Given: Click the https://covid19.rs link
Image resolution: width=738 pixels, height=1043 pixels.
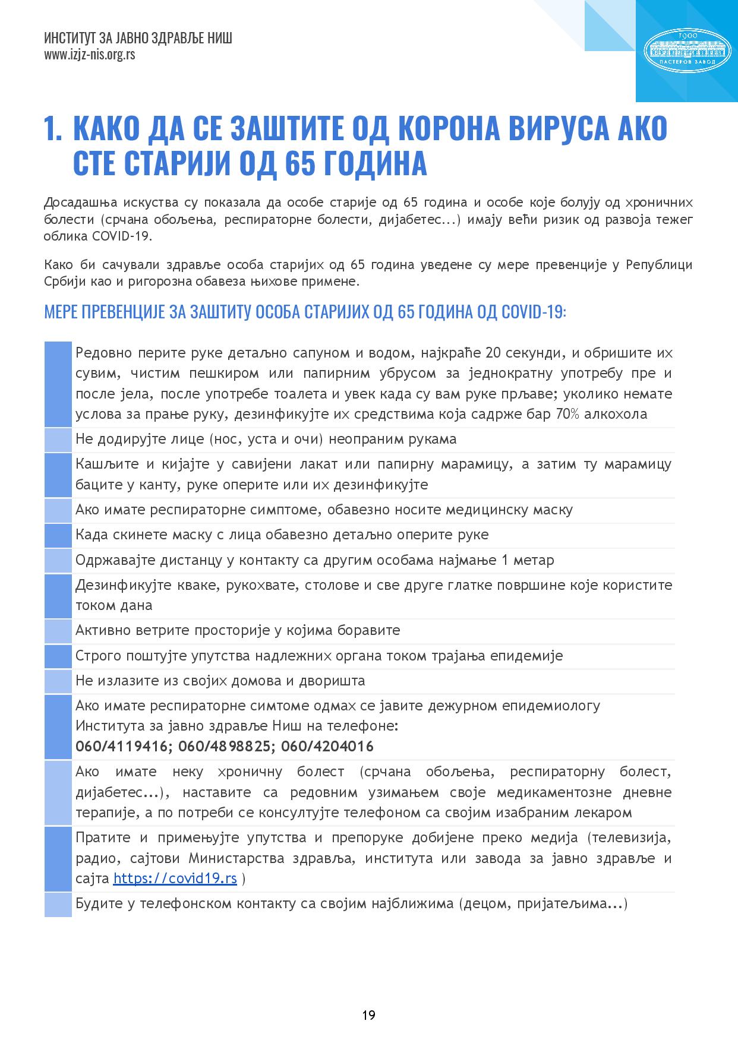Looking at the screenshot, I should pos(175,878).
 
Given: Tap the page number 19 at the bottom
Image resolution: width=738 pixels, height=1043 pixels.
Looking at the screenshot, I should pos(368,1014).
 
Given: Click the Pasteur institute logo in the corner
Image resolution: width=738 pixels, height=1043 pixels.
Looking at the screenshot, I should pos(687,50).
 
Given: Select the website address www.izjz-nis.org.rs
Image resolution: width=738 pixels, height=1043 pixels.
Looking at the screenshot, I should pos(90,55).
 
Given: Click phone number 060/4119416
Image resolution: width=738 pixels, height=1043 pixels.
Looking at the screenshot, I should pos(122,746).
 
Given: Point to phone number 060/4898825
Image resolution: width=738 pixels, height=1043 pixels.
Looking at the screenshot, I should pos(225,746).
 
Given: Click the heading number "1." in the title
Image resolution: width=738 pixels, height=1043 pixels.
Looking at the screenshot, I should pos(53,129).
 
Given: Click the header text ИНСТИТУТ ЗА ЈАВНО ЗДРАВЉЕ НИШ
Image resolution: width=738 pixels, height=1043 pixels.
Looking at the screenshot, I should pos(138,39).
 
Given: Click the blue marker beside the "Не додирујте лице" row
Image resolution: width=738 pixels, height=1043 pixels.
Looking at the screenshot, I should pos(58,440).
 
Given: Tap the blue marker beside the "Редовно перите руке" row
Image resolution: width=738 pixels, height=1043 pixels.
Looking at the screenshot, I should pos(58,384).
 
